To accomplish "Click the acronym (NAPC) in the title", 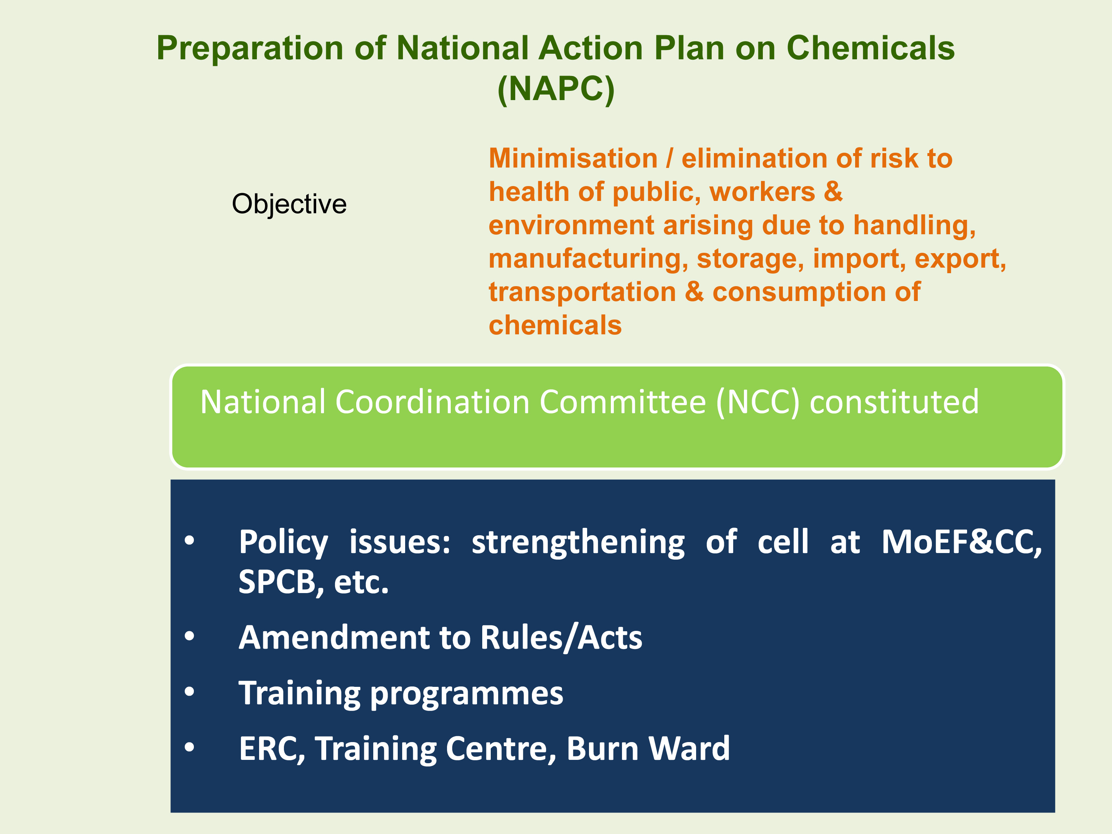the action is pyautogui.click(x=556, y=89).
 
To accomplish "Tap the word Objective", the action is pyautogui.click(x=289, y=205).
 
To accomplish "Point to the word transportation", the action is pyautogui.click(x=582, y=292).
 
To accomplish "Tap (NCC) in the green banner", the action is pyautogui.click(x=757, y=402).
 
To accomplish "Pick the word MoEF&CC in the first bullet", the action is pyautogui.click(x=962, y=543).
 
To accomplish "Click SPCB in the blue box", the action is pyautogui.click(x=277, y=582).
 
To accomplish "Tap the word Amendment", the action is pyautogui.click(x=334, y=638).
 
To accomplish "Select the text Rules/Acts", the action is pyautogui.click(x=561, y=638).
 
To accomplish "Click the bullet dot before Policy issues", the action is pyautogui.click(x=189, y=541).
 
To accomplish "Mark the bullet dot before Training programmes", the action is pyautogui.click(x=189, y=692).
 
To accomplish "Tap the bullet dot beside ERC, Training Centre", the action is pyautogui.click(x=189, y=747).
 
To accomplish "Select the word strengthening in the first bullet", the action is pyautogui.click(x=578, y=543).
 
